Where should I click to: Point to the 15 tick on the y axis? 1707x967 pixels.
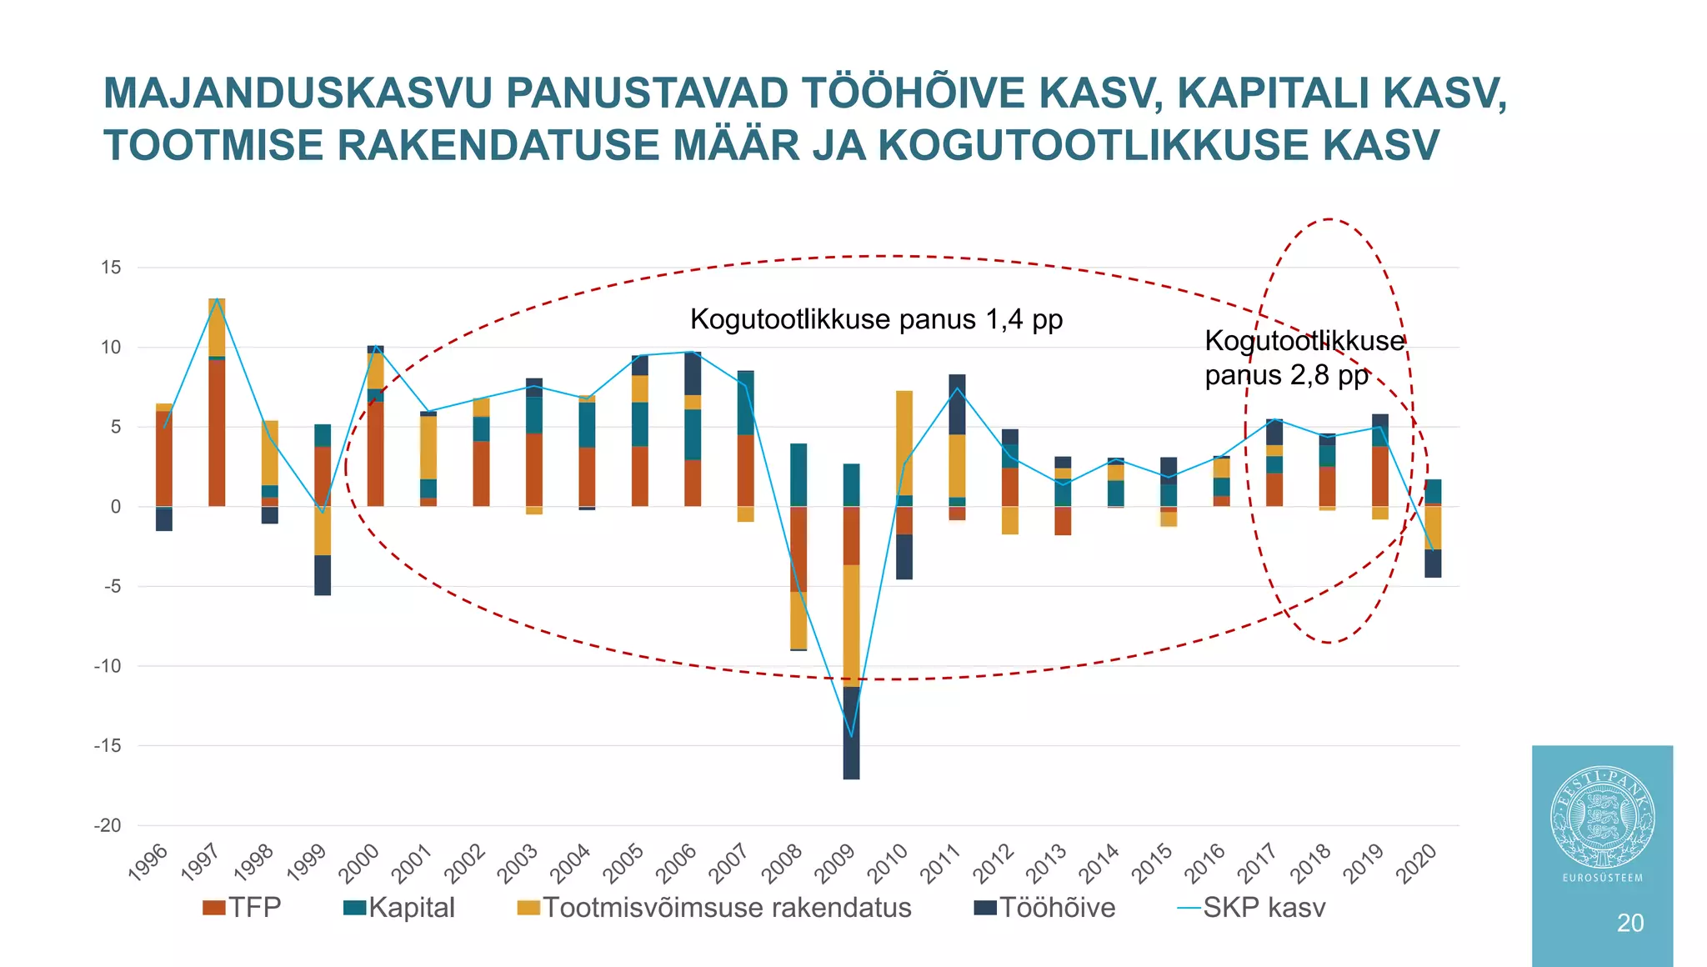click(x=111, y=268)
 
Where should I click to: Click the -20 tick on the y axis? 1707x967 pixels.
click(x=108, y=825)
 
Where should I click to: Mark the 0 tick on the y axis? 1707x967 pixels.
click(x=116, y=507)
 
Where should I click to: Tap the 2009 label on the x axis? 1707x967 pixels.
click(x=836, y=864)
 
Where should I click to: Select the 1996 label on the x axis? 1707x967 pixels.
click(x=148, y=864)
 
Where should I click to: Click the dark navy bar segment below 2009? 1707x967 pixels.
click(x=851, y=734)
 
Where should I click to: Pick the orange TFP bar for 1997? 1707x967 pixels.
click(x=217, y=433)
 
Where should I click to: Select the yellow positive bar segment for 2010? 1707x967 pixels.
click(x=904, y=443)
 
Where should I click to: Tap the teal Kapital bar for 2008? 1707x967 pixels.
click(x=798, y=475)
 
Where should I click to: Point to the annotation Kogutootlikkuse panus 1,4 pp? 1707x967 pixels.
click(x=876, y=319)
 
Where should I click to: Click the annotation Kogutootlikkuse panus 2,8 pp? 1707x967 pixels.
click(x=1304, y=358)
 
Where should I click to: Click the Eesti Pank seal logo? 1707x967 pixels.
click(x=1602, y=817)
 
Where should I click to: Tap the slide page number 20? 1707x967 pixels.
click(x=1630, y=923)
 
